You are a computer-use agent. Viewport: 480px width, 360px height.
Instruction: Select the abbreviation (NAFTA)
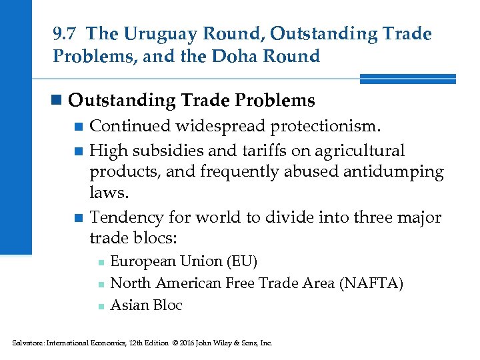[371, 283]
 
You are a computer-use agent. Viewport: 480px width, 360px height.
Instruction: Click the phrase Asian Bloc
[146, 305]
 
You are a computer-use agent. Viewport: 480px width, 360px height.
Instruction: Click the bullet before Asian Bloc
[100, 307]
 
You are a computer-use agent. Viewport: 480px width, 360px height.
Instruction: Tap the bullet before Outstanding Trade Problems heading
[58, 101]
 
